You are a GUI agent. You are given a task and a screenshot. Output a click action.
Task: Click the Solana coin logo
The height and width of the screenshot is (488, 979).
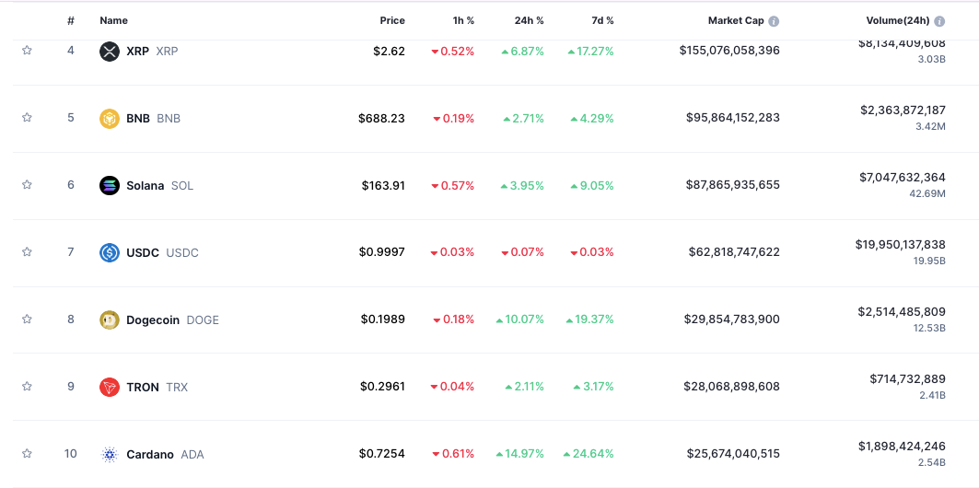110,185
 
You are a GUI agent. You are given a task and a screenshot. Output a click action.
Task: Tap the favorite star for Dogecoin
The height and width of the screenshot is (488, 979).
27,320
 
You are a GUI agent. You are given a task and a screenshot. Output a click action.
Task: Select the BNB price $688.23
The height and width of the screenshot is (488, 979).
381,118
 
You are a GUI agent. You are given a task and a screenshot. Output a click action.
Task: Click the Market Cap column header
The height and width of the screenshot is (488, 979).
737,20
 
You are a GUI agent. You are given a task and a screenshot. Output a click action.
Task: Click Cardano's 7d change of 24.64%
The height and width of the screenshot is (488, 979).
591,454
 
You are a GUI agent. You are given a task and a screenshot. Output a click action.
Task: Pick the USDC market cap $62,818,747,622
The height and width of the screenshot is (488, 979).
734,252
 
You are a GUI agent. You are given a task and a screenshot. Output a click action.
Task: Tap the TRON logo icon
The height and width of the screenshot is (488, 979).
110,387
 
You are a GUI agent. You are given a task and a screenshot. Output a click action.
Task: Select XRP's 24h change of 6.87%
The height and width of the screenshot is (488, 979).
522,52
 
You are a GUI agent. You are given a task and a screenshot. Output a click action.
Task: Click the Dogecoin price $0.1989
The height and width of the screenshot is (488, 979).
382,320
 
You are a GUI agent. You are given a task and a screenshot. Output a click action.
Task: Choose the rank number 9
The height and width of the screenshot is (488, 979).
71,387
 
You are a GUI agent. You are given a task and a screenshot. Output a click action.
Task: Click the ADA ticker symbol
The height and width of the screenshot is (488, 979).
192,454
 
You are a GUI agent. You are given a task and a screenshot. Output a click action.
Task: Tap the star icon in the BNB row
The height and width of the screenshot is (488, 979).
27,118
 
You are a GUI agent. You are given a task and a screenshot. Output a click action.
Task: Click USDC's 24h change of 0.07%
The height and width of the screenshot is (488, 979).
522,252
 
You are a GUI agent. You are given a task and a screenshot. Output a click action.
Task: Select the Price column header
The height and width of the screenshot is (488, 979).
392,20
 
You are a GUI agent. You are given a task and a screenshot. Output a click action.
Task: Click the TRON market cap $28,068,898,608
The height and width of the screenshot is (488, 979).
733,387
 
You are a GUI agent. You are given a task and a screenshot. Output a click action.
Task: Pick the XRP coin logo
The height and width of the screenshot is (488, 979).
110,52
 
